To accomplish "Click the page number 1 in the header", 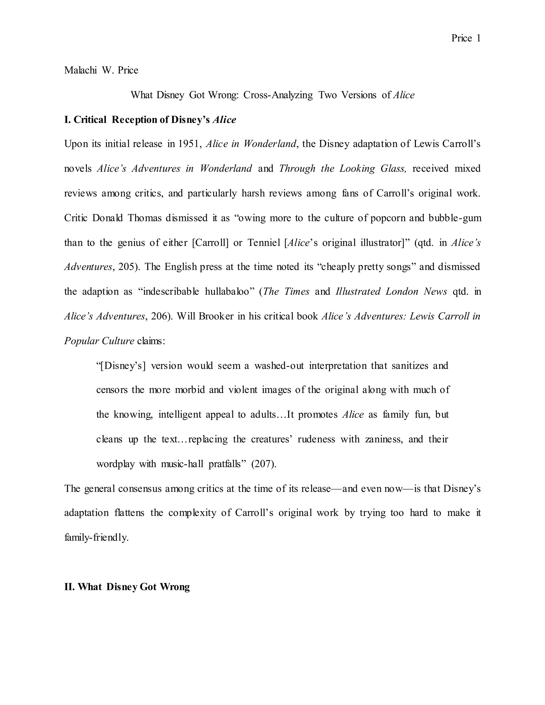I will (478, 38).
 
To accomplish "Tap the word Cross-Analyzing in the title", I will (278, 95).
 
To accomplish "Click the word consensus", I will (139, 488).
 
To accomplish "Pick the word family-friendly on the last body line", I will (96, 537).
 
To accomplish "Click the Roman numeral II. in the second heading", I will (70, 587).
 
